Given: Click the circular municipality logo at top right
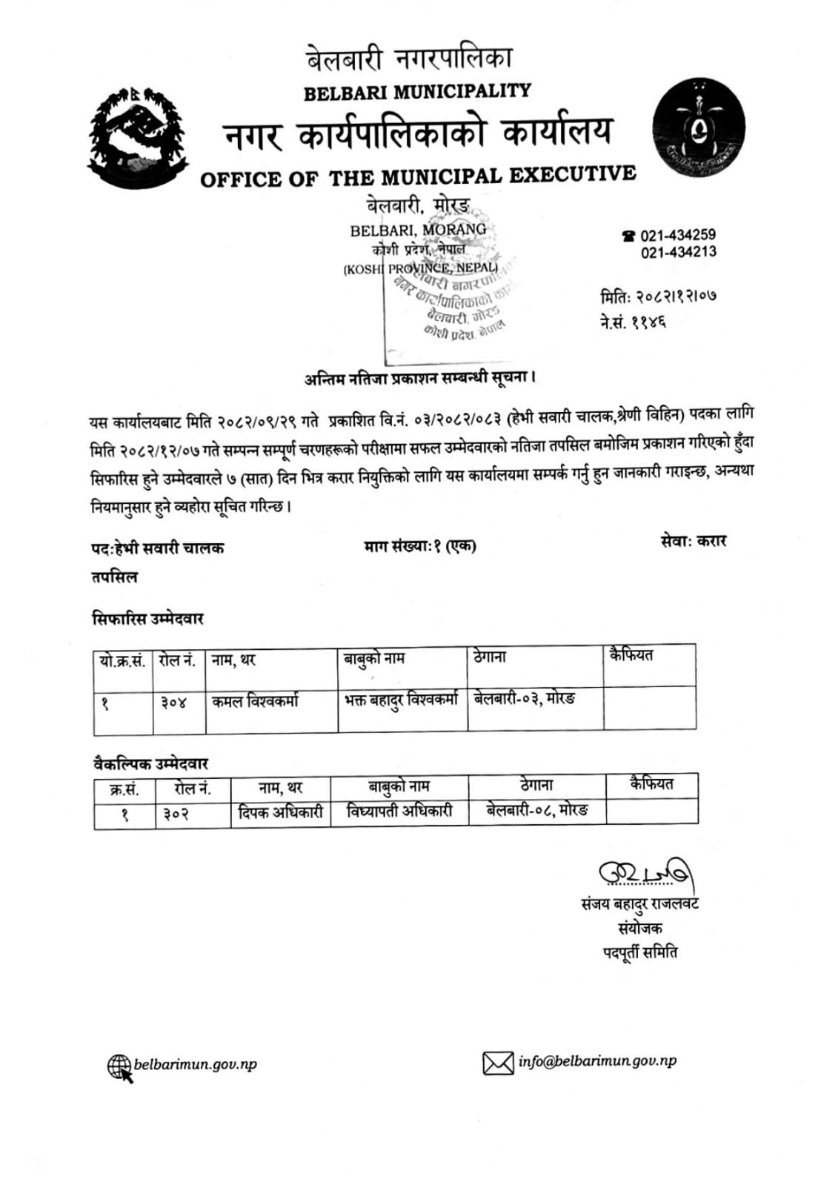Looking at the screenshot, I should coord(698,129).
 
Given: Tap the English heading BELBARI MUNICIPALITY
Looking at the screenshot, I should coord(417,92).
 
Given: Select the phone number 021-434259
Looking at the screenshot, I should coord(678,236).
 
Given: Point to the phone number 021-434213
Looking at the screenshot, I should coord(678,252).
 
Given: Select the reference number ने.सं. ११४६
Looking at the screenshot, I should coord(633,322).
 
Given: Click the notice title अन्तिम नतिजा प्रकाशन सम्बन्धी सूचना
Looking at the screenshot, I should coord(419,378).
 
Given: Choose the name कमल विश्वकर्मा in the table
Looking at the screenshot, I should coord(255,701).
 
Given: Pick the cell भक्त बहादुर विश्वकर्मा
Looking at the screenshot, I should coord(402,700).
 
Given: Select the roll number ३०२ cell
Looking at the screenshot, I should coord(176,813).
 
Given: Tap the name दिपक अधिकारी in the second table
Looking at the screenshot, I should coord(280,812).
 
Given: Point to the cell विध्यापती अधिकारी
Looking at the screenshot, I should coord(399,811).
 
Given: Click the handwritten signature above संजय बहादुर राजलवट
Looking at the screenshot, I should coord(646,874).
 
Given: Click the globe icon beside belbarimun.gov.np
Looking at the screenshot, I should coord(120,1067).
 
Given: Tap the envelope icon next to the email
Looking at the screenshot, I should coord(498,1063).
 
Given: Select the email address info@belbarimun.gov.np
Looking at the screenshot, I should coord(597,1061).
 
